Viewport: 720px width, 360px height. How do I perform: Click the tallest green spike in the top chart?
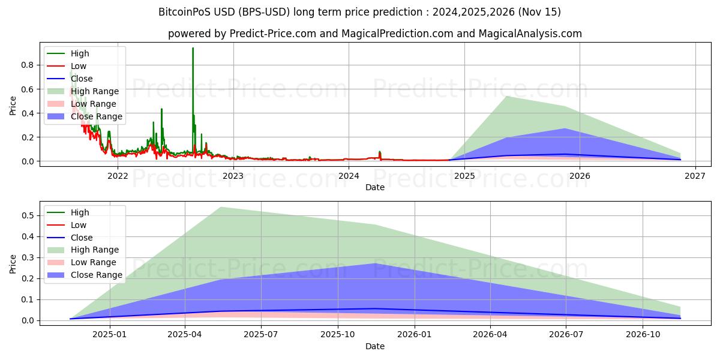(193, 49)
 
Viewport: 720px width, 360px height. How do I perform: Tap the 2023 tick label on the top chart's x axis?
(233, 176)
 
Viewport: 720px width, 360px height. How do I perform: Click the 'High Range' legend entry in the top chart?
(95, 91)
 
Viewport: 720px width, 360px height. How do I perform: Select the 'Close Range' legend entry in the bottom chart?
(97, 275)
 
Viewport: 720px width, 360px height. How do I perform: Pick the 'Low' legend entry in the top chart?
(79, 66)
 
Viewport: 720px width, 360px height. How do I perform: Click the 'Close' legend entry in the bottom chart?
(82, 238)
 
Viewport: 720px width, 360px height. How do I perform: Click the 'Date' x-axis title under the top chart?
(375, 187)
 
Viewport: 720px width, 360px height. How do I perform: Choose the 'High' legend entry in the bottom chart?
(80, 212)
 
